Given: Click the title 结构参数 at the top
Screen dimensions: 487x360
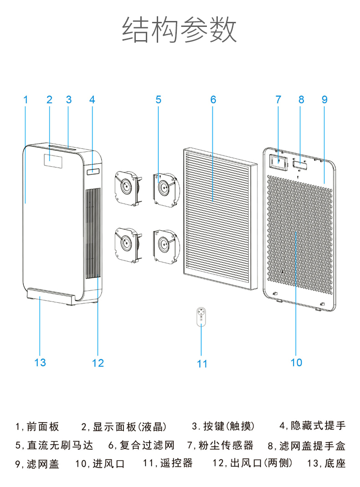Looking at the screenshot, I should click(180, 30).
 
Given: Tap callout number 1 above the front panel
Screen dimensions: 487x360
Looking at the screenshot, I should click(26, 99).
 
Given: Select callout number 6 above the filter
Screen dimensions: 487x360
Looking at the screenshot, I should click(213, 99).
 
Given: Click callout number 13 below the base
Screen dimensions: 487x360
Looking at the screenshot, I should click(40, 363).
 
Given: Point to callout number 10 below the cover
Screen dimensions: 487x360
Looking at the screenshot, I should click(296, 363).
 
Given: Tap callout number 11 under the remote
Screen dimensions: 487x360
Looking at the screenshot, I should click(202, 364).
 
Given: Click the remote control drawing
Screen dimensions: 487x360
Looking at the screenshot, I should click(201, 317).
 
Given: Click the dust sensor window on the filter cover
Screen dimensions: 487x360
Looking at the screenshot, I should click(278, 161).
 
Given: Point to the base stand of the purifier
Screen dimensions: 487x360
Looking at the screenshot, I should click(50, 296).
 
